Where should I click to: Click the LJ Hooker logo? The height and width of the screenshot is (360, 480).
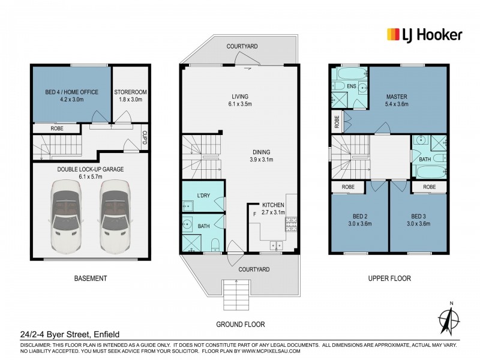click(x=424, y=34)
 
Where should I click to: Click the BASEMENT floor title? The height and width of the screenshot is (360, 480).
click(x=90, y=278)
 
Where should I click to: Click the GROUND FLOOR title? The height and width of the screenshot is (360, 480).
click(x=241, y=324)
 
